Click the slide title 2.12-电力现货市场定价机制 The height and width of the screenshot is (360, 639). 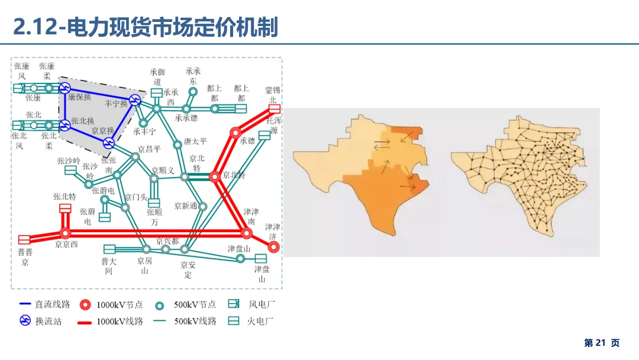pos(146,27)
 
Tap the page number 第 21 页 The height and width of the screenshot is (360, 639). pos(602,343)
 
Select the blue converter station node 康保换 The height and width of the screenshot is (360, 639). pos(64,89)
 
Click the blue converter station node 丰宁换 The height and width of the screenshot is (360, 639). pos(135,101)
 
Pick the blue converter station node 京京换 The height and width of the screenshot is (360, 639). pos(108,143)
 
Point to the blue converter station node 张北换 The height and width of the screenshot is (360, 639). pos(64,125)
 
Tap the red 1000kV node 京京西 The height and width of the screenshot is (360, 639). pos(65,233)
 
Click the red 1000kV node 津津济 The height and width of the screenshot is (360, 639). pos(274,247)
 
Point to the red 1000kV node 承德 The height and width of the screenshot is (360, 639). pos(235,131)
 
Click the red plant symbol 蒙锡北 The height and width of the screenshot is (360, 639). pos(273,109)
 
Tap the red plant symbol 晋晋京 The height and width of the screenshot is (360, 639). pos(24,239)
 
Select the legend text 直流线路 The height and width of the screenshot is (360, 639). pos(53,304)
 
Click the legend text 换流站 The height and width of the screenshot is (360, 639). pos(48,322)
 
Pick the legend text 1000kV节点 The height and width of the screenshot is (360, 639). pos(120,304)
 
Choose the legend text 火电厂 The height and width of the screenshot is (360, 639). pos(261,322)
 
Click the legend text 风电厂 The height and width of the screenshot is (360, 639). pos(261,304)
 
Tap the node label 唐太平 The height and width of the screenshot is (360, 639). pos(195,142)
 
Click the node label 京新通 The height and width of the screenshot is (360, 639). pos(186,206)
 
